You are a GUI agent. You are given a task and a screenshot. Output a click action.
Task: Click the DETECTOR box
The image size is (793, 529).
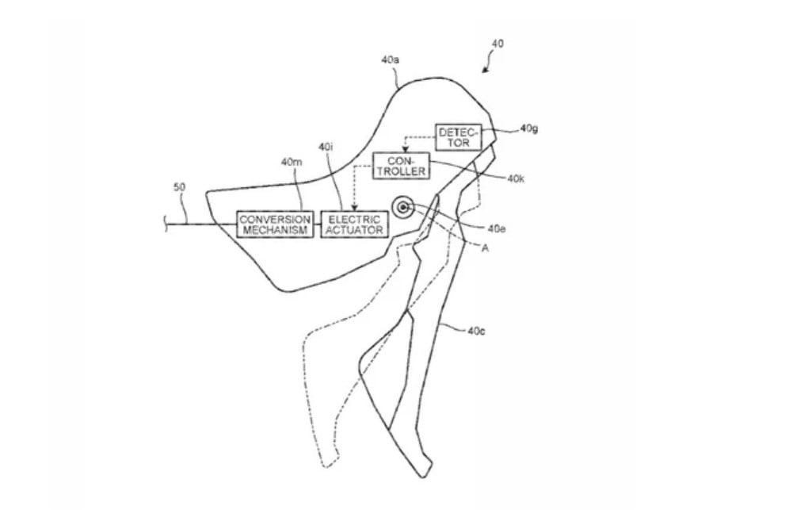pos(459,137)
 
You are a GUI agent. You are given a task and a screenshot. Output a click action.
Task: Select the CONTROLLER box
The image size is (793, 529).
pos(401,166)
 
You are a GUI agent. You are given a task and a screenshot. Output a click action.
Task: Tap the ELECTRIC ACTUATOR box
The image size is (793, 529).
pos(354,224)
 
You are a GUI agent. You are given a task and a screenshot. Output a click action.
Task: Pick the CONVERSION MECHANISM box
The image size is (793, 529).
pos(275,224)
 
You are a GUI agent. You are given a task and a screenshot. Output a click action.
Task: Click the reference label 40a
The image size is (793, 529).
pos(390,59)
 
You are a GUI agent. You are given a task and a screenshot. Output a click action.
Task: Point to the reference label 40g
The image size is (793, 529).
pos(529,128)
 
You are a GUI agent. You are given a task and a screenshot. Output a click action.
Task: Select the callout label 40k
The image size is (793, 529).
pos(516,178)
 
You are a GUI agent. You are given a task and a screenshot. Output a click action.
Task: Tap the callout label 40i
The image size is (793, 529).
pos(326,147)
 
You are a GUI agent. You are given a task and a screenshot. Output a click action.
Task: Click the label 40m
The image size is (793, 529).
pos(292,162)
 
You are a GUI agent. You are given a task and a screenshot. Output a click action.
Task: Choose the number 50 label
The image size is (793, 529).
pos(180,187)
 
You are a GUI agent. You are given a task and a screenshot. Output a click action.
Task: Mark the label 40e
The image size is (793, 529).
pos(497,229)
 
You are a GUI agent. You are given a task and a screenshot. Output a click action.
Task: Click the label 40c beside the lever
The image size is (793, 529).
pos(476,331)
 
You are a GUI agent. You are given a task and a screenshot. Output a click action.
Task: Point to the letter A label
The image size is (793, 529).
pos(485,248)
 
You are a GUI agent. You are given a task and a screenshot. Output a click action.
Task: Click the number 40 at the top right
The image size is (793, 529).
pos(498,44)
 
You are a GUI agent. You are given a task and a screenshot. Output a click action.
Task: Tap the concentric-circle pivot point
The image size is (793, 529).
pos(403,206)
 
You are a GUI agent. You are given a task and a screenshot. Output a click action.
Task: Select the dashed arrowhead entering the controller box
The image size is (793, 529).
pos(406,149)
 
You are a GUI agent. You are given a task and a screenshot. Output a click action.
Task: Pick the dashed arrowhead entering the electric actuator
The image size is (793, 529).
pos(354,208)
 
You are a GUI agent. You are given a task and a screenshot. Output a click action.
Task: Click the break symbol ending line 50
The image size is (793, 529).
pos(166,224)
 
